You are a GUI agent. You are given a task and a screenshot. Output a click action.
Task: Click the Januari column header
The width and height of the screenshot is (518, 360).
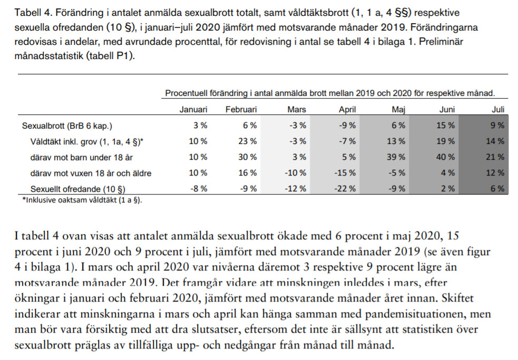(193, 110)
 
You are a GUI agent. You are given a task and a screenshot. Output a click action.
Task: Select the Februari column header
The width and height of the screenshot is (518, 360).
(241, 110)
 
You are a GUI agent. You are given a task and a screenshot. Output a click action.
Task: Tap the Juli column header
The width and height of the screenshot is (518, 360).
(498, 110)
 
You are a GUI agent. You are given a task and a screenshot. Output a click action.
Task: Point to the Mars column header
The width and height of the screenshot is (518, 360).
(297, 110)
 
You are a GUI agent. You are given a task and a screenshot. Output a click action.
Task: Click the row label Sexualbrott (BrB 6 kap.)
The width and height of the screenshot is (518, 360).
(67, 126)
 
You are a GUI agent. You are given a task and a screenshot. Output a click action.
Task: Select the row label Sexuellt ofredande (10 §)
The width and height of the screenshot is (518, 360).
(78, 189)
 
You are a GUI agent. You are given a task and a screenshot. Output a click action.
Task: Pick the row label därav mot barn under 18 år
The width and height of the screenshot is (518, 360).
(82, 158)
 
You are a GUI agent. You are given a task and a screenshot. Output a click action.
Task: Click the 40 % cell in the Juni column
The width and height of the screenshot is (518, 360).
(445, 157)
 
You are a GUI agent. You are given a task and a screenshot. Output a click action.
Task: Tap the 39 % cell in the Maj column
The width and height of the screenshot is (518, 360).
(396, 157)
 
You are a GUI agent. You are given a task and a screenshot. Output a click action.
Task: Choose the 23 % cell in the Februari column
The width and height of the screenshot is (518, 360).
(248, 141)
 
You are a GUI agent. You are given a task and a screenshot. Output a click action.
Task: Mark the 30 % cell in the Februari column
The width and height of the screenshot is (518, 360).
(248, 157)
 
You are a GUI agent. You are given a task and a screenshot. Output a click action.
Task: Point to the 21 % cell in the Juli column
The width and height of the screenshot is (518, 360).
(495, 157)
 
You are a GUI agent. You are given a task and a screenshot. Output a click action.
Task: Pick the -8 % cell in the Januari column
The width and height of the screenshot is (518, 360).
(199, 189)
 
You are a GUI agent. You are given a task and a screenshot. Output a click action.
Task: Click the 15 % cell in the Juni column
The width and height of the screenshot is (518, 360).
(445, 125)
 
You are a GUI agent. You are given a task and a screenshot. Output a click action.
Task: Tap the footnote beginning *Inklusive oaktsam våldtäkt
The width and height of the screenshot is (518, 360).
(82, 200)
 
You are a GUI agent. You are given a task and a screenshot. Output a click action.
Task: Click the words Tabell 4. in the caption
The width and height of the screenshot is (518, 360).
(33, 13)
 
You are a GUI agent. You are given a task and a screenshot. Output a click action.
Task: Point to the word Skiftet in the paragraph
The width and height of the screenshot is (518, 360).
(458, 298)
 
